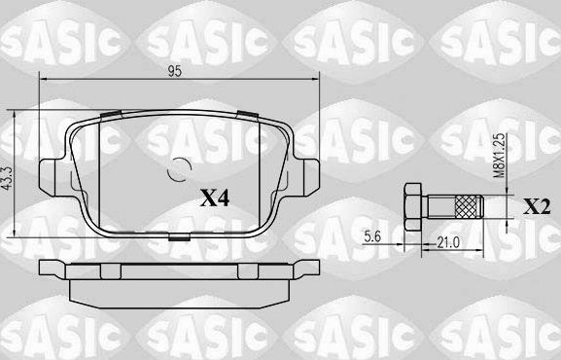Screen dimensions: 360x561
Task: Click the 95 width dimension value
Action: [176, 70]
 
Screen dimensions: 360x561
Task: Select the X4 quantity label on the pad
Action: [212, 198]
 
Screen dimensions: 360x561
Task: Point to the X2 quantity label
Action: [536, 206]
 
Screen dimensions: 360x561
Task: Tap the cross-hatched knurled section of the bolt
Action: [469, 206]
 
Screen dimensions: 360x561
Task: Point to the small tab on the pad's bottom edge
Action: [179, 236]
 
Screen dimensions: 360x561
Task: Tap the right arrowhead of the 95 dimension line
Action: [316, 81]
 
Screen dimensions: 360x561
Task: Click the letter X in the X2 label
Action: [530, 206]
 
